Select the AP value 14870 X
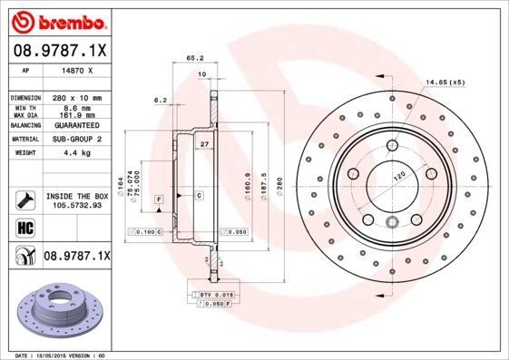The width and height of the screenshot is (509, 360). [76, 69]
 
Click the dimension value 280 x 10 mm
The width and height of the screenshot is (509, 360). [75, 96]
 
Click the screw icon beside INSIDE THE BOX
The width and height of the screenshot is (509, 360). [24, 199]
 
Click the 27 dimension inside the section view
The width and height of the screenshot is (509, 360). [205, 144]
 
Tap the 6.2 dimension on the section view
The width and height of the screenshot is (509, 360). [161, 99]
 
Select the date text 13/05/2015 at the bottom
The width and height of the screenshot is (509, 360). [64, 355]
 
